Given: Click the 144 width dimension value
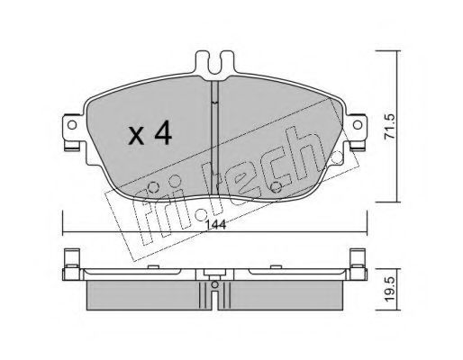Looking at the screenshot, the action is [x=216, y=224].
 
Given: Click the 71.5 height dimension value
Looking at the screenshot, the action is [x=391, y=126].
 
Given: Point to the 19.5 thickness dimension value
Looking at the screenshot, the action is [x=391, y=290].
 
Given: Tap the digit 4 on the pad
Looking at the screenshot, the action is [x=163, y=134].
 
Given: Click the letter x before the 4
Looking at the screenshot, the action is [x=137, y=136].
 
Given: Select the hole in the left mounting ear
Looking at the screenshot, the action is [x=72, y=125].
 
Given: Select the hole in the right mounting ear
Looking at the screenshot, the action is [x=358, y=124].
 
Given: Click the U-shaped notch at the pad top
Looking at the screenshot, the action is [x=214, y=64].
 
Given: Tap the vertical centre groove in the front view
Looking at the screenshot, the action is [x=214, y=138].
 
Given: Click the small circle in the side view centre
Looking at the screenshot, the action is [x=214, y=284].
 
